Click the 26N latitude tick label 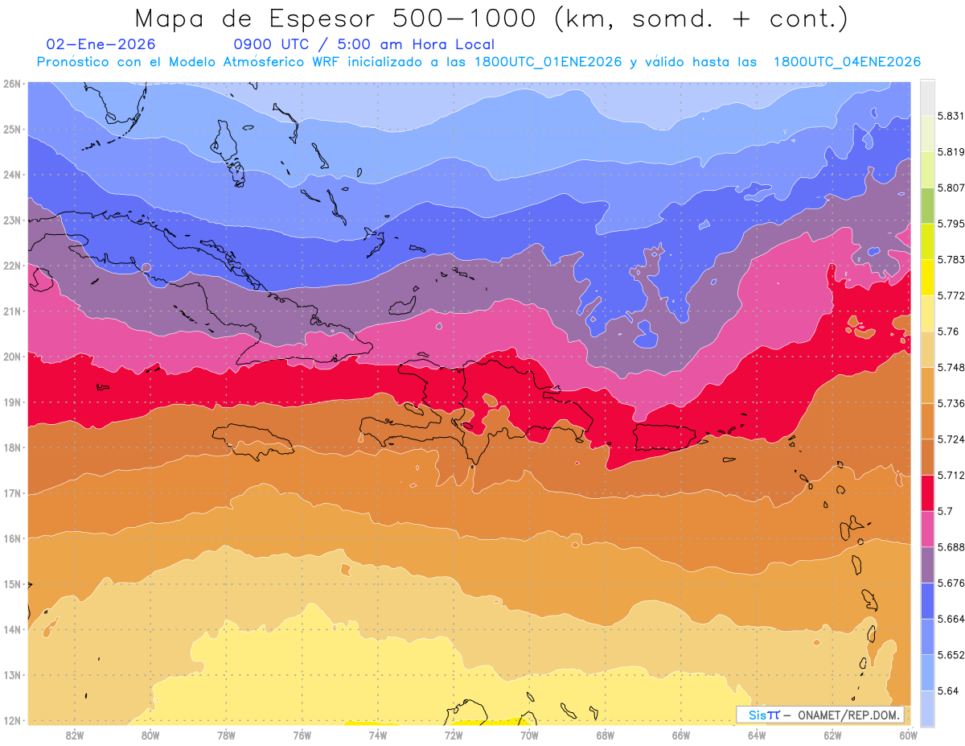tap(12, 83)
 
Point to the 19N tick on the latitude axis tap(12, 402)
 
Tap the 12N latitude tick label tap(12, 720)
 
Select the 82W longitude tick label tap(75, 735)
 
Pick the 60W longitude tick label tap(908, 735)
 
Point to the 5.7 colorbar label tap(942, 511)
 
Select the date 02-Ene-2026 tap(101, 44)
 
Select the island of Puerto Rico tap(663, 437)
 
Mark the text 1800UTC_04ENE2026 tap(847, 62)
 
